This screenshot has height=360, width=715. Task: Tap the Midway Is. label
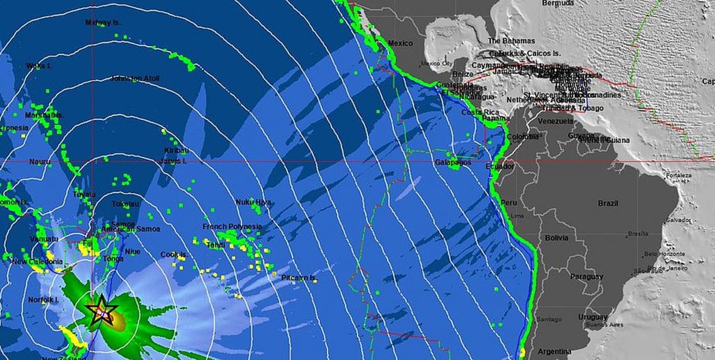coord(103,23)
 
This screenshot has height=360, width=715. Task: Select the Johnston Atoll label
coord(135,79)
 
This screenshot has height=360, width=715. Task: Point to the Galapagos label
coord(453,163)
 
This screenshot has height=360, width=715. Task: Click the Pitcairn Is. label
coord(298,278)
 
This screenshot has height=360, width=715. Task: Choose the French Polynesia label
coord(232,226)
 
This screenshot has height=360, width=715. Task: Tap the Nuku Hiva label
coord(253,202)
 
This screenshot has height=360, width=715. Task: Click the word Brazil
coord(608,203)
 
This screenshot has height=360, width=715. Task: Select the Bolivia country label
coord(556,238)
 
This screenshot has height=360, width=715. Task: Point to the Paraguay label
coord(586,276)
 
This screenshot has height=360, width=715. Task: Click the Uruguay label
coord(592,317)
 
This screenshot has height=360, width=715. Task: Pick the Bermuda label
coord(558,3)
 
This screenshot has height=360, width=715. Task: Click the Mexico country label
coord(400,43)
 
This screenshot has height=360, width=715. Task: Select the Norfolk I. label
coord(43,300)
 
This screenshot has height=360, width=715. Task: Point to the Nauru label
coord(40,162)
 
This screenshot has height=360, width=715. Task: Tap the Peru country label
coord(509,203)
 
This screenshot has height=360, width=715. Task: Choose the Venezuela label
coord(555,121)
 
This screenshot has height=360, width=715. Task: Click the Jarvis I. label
coord(173,162)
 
